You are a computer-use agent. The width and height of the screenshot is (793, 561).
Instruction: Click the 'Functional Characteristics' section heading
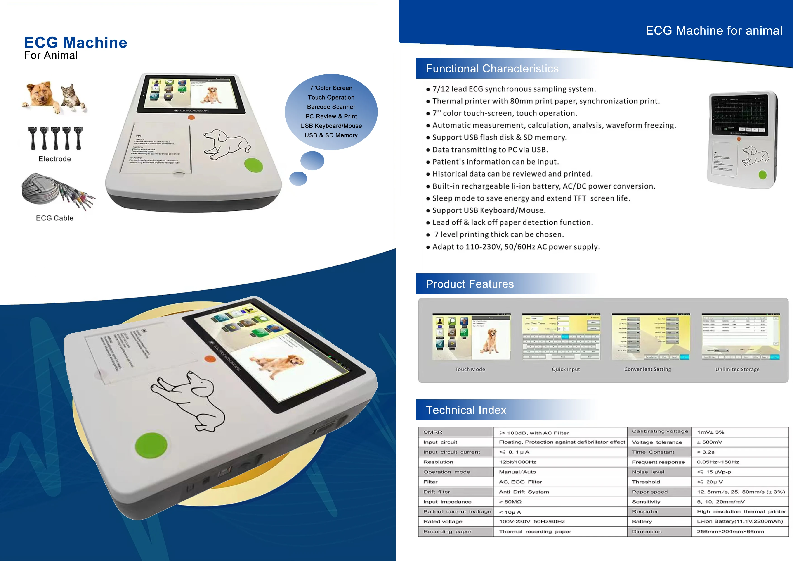coord(492,68)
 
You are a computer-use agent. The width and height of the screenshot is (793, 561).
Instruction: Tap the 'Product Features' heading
coord(470,284)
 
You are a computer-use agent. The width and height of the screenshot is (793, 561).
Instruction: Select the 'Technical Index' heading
coord(466,410)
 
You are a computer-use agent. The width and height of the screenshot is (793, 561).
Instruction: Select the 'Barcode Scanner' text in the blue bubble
coord(331,107)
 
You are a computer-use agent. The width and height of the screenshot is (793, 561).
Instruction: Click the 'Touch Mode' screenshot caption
coord(470,369)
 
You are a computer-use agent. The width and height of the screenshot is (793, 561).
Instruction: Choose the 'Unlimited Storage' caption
coord(737,369)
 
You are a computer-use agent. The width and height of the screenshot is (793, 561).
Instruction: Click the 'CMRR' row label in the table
coord(433,432)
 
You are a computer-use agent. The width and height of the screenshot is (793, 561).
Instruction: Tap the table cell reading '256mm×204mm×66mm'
coord(730,532)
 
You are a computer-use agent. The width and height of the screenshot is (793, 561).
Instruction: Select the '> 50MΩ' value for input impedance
coord(510,501)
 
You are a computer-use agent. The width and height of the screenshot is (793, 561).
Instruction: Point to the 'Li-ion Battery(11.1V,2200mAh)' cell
coord(739,521)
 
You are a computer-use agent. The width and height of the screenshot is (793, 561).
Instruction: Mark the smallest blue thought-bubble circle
coord(298,178)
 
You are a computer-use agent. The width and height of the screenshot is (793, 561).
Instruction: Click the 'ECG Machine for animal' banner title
coord(714,31)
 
